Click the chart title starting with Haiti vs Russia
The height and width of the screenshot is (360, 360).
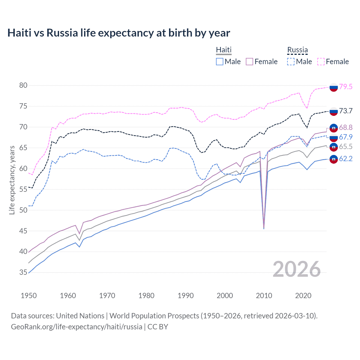118,33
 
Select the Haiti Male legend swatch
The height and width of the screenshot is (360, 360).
220,62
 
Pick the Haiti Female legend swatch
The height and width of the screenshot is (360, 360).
249,62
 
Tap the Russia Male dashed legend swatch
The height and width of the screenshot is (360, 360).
291,62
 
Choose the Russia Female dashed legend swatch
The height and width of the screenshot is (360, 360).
321,62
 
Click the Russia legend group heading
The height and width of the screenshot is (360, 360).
297,50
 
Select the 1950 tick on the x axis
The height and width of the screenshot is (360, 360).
29,296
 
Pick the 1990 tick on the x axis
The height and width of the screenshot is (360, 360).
186,296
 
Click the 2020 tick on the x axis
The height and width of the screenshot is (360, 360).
303,296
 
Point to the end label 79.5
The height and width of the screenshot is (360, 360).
346,87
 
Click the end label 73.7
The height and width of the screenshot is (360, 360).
346,111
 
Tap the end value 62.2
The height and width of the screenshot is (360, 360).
346,159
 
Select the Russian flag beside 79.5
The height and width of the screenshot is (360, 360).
334,87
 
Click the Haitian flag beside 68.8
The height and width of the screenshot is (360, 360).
334,128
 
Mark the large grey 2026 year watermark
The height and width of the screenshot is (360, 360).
297,269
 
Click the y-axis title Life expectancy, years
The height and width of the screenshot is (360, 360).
12,180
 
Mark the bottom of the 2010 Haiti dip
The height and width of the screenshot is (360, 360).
264,228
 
